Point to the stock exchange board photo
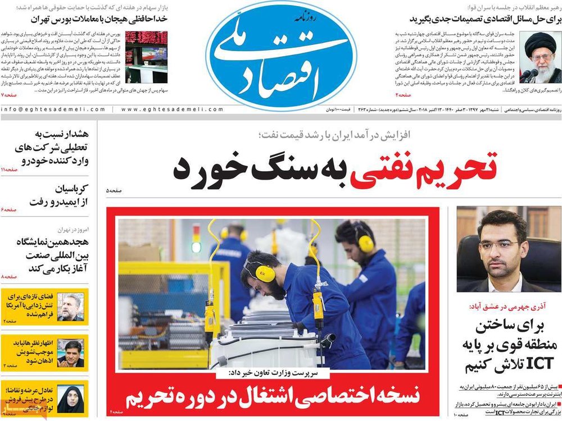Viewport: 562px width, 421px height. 146,57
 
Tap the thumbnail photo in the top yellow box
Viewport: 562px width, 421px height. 70,306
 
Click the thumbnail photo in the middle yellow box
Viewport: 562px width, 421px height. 70,353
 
